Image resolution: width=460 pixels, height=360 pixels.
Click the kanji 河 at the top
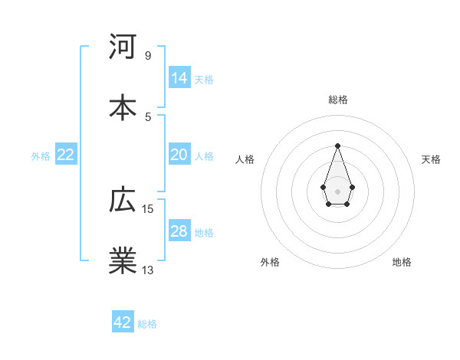pos(123,47)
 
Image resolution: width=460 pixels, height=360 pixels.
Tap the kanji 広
pos(123,201)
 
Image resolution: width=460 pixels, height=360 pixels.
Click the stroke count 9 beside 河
pos(147,55)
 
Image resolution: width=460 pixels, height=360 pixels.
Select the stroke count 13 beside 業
pos(148,269)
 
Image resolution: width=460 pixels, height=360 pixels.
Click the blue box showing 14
pos(179,78)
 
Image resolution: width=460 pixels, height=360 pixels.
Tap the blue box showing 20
pos(179,155)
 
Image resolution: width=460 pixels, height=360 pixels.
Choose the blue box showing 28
pos(179,231)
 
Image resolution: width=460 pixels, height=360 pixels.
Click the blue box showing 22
pos(66,155)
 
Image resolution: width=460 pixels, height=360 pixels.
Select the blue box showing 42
pos(123,322)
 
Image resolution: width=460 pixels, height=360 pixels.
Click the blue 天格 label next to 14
pos(204,79)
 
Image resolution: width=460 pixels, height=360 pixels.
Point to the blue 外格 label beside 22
pos(41,155)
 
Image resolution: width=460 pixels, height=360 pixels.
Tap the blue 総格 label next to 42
pos(147,323)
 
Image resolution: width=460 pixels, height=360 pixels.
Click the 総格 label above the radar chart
pos(337,100)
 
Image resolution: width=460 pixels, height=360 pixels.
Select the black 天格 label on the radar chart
pos(431,159)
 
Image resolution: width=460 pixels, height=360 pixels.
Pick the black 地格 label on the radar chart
pos(402,262)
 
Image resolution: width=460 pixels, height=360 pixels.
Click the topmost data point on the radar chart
pos(337,146)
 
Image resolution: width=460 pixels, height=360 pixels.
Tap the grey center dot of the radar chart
pos(337,190)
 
